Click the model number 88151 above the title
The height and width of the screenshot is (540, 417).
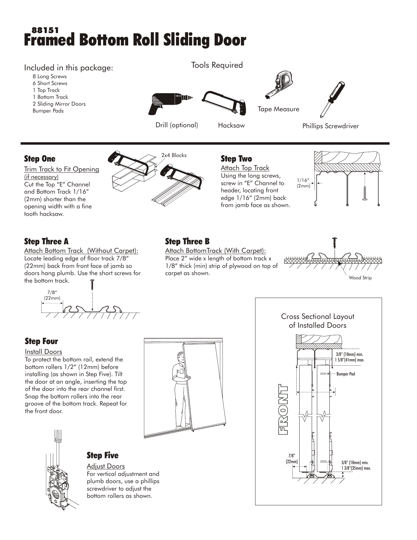point(45,30)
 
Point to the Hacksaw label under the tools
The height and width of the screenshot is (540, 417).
point(231,126)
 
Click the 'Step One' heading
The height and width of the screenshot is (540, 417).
point(40,159)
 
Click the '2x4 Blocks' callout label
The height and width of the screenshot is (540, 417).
point(174,155)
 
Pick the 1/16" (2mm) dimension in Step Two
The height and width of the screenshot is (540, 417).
point(303,183)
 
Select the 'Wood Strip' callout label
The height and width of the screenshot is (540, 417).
point(360,278)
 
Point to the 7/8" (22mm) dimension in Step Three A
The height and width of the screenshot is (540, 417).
point(52,295)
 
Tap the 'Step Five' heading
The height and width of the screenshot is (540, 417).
point(102,455)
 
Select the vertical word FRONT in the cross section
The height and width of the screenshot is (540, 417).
point(283,410)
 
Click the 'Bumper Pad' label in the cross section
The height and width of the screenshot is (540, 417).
point(345,374)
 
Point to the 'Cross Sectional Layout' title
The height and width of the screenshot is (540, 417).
point(317,317)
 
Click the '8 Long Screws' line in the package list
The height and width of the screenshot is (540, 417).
point(49,77)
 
